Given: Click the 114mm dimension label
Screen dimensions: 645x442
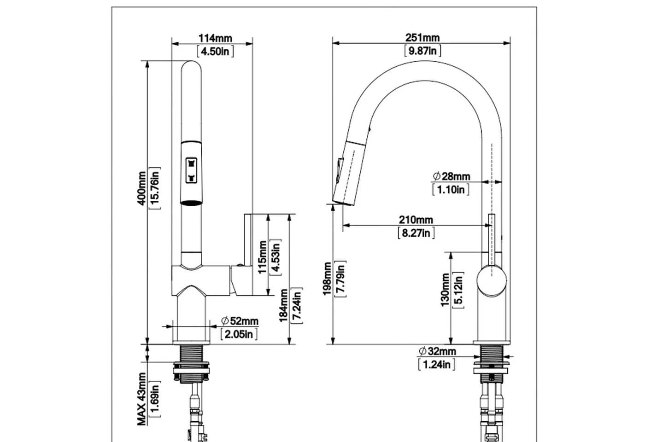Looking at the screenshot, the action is click(215, 38).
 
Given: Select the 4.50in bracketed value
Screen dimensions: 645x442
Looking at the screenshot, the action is click(215, 52).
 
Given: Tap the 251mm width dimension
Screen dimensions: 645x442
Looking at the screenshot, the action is click(422, 37).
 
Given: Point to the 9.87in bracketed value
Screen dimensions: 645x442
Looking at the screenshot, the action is click(422, 51).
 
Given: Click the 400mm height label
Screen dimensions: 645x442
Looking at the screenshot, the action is click(141, 188).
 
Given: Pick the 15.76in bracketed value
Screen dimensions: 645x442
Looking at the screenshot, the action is click(155, 188).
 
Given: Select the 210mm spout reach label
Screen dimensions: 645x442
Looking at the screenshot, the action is click(416, 220).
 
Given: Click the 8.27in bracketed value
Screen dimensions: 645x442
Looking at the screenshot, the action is click(416, 233).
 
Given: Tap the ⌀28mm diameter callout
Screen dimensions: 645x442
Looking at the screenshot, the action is click(451, 176).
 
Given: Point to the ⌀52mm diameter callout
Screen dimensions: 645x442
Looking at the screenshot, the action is click(240, 320).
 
